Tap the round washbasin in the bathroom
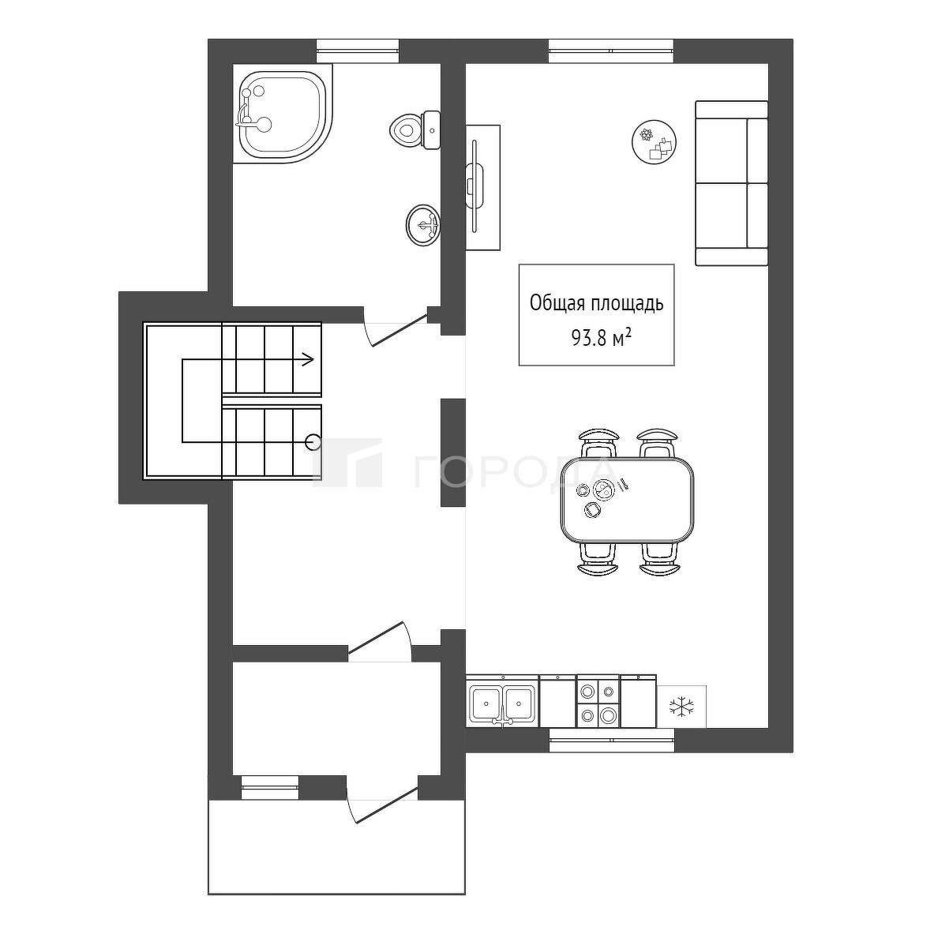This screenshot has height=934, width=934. point(423,224)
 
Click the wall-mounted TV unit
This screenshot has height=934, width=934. point(482,188)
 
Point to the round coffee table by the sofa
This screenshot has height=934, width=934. point(655,142)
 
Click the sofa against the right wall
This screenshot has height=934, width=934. point(731,183)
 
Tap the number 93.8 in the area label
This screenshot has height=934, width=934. point(588,339)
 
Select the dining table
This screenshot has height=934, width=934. point(627,499)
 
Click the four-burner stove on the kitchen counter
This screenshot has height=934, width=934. point(598,701)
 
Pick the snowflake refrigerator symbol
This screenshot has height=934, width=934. point(681,707)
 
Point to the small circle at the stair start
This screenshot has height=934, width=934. point(313,443)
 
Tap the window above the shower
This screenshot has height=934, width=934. point(358,51)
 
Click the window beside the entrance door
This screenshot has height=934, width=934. point(270,787)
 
